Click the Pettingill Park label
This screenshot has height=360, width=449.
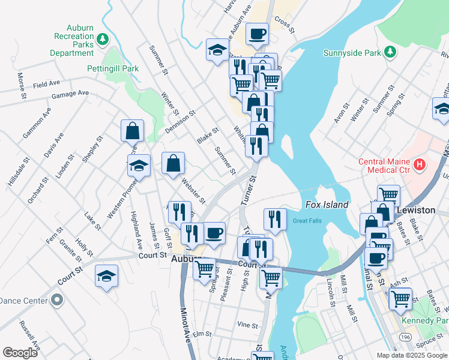[113, 68]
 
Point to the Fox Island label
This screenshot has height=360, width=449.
[327, 205]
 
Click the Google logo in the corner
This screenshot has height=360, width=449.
[20, 353]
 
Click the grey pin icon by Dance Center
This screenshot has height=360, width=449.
[56, 299]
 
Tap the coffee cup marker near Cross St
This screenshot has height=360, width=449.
[258, 35]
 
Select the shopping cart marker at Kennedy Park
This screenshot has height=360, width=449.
[400, 298]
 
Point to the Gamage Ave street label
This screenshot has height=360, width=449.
[70, 94]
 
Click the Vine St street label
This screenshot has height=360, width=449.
[247, 325]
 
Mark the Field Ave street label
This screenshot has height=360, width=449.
[46, 84]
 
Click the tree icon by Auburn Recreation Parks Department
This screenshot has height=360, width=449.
[103, 39]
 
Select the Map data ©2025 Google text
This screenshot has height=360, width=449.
[411, 355]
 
